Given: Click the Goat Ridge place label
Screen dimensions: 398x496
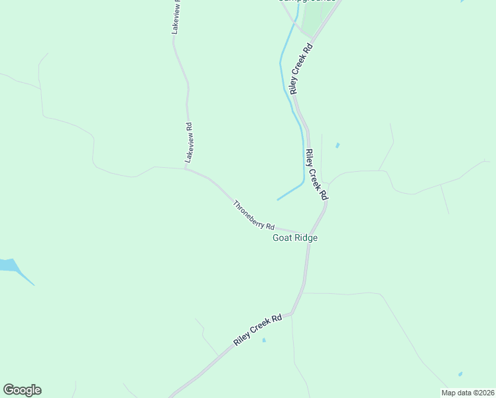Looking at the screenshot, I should coord(295,238).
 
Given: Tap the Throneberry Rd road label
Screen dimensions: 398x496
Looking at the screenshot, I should coord(253,215).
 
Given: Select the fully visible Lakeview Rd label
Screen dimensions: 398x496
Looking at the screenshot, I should coord(188,143).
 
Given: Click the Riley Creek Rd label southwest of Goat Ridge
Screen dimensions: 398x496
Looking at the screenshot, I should coord(258,330).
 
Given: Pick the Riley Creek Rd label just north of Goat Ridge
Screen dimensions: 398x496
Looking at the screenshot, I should coord(317,174).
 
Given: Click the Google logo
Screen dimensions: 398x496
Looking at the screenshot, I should coord(22,390).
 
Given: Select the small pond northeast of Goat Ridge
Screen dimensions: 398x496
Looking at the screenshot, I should coord(338,145).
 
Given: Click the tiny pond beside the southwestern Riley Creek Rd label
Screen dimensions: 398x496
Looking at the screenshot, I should coord(264,340).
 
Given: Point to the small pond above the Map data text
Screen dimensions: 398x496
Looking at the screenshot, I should coord(460,374).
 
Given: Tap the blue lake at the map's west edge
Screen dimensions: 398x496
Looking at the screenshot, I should coord(9,265).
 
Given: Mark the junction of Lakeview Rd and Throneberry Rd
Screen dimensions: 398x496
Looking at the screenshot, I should coord(186,168).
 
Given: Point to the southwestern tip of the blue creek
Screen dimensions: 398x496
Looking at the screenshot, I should coord(277,200).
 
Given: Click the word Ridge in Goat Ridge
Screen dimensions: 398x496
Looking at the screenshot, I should coord(306,238).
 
